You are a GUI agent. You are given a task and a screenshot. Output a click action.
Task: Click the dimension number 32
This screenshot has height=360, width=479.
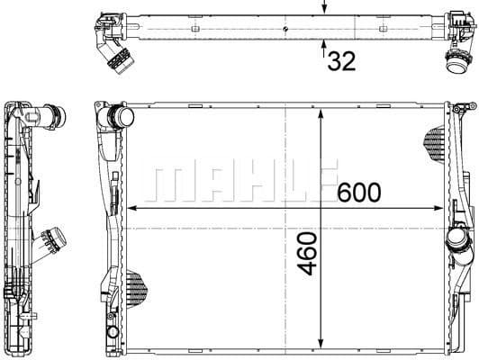tap(340, 61)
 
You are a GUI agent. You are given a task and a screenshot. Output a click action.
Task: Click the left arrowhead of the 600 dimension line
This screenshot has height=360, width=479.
tap(135, 207)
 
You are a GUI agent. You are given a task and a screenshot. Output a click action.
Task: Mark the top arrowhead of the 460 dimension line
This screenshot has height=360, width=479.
tap(321, 113)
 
